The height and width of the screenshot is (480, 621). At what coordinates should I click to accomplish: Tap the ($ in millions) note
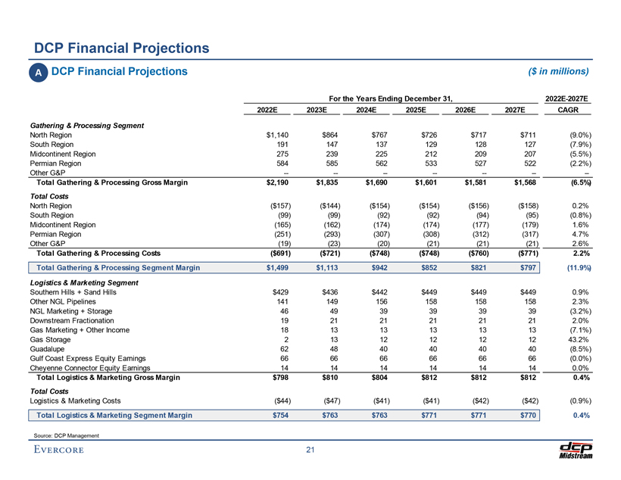[x=557, y=71]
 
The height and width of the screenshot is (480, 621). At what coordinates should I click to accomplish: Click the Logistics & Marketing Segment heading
[x=83, y=282]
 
